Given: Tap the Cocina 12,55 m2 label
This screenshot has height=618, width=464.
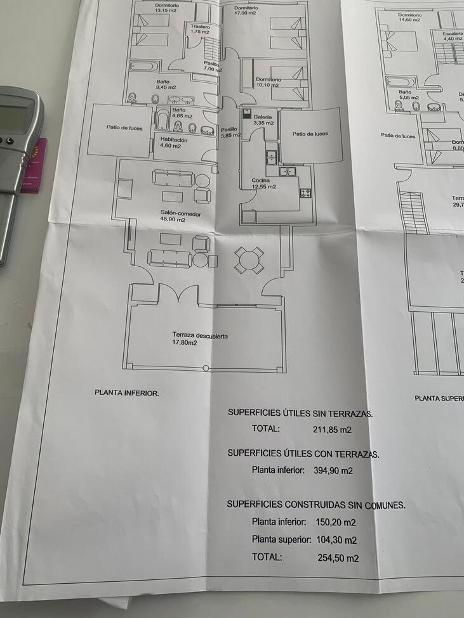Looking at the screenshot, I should (263, 184).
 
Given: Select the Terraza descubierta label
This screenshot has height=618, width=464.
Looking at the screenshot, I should (200, 339).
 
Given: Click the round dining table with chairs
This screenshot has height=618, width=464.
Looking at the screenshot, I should (249, 260).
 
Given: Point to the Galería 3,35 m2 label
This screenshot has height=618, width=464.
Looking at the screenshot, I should (263, 120).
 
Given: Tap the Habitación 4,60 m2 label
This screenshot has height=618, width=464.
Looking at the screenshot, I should (173, 143).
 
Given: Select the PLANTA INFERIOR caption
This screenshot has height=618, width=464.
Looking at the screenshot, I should (126, 392).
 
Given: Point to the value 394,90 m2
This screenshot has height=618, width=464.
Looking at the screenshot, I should (333, 470).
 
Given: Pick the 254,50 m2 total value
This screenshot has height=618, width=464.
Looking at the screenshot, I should (338, 558).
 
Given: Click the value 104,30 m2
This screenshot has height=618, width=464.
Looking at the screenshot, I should (336, 540).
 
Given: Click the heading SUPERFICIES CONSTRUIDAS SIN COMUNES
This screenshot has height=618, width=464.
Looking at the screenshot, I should (316, 505).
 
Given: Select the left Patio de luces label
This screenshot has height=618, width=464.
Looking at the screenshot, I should (124, 128).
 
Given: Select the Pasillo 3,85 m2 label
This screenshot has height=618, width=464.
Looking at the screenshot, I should (229, 132).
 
